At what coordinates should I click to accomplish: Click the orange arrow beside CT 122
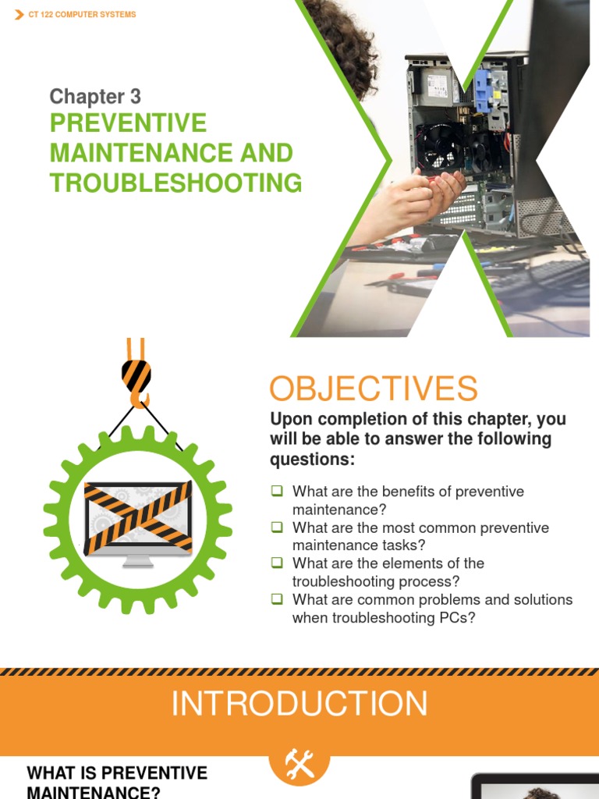pyautogui.click(x=19, y=15)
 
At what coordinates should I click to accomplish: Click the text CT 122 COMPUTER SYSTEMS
pyautogui.click(x=82, y=15)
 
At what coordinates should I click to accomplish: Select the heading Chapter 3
pyautogui.click(x=95, y=97)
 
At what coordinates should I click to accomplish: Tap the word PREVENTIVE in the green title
pyautogui.click(x=129, y=123)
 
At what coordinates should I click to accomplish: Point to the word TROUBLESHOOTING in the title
pyautogui.click(x=175, y=183)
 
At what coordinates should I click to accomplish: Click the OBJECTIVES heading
pyautogui.click(x=374, y=388)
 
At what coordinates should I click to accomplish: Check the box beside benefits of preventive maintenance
pyautogui.click(x=277, y=492)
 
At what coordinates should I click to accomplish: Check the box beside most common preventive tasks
pyautogui.click(x=277, y=527)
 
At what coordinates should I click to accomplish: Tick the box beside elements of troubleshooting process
pyautogui.click(x=277, y=563)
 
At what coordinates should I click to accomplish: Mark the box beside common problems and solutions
pyautogui.click(x=277, y=599)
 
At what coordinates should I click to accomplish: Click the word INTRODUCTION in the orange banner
pyautogui.click(x=299, y=704)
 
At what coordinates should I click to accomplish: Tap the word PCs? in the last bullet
pyautogui.click(x=456, y=618)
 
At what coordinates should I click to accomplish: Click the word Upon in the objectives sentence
pyautogui.click(x=290, y=420)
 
